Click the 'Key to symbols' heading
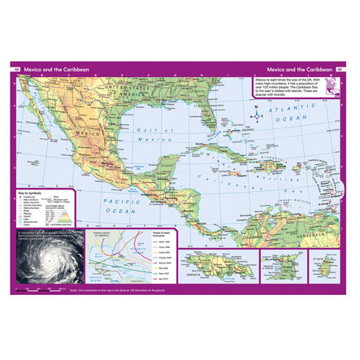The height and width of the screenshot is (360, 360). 31,194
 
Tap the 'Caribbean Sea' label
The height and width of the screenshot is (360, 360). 236,176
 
